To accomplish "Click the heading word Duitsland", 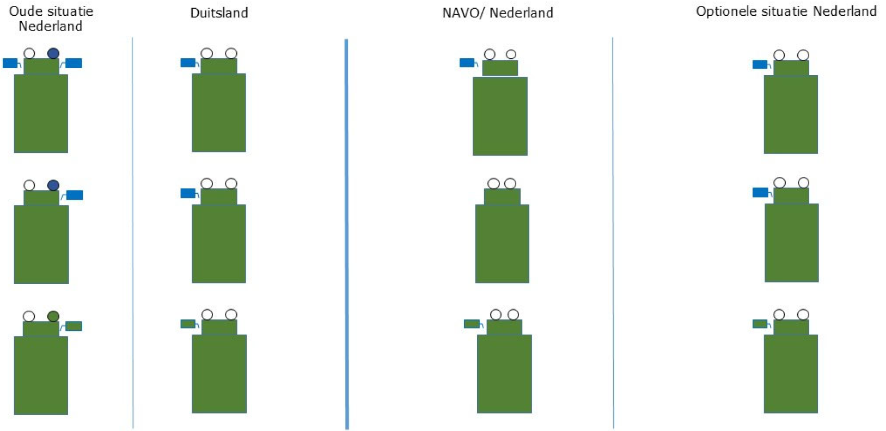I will point(219,13).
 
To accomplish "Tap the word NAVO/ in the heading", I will point(463,13).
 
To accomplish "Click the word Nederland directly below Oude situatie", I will point(51,26).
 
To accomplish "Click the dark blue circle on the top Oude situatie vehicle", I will point(53,53).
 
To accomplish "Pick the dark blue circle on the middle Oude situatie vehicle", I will point(53,186).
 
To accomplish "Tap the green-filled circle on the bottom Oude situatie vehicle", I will point(53,316).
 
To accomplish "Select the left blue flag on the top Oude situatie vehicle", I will point(10,63).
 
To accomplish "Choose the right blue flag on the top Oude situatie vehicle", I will point(74,63).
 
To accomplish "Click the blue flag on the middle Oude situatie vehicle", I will point(75,195).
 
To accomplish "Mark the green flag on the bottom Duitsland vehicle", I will point(188,324).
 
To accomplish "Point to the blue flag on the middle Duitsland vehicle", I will point(188,193).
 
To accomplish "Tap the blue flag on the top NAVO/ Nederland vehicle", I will point(467,63).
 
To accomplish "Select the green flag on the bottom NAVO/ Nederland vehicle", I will point(472,324).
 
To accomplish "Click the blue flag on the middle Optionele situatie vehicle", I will point(760,192).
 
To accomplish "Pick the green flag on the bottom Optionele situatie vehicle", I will point(760,324).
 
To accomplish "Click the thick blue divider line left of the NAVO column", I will point(346,234).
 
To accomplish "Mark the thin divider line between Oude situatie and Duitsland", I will point(132,234).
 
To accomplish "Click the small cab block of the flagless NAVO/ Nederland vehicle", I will point(502,196).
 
